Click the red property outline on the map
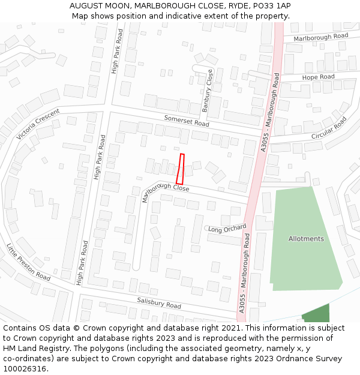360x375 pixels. (x=180, y=169)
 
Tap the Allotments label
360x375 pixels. (x=306, y=239)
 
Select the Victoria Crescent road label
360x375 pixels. (x=38, y=124)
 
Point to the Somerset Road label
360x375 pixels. (x=187, y=120)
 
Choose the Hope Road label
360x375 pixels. (x=318, y=77)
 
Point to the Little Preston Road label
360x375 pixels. (x=28, y=262)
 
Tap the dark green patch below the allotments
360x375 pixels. (x=316, y=314)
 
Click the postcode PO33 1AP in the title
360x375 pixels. (x=271, y=6)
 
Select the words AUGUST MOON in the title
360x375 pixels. (x=97, y=6)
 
